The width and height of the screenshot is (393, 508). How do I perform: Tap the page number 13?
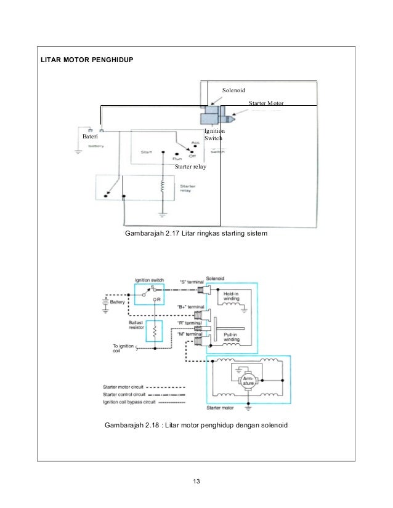[x=196, y=481]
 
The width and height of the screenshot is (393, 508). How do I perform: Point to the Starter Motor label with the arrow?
[x=267, y=103]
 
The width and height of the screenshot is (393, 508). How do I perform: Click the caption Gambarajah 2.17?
[x=196, y=234]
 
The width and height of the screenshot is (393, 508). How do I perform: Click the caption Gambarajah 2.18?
[x=196, y=426]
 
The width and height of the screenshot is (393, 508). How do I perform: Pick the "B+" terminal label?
[x=189, y=306]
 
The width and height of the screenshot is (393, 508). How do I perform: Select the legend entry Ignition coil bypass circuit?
[x=132, y=402]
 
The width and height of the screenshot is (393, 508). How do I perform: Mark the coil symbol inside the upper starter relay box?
[x=163, y=186]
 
